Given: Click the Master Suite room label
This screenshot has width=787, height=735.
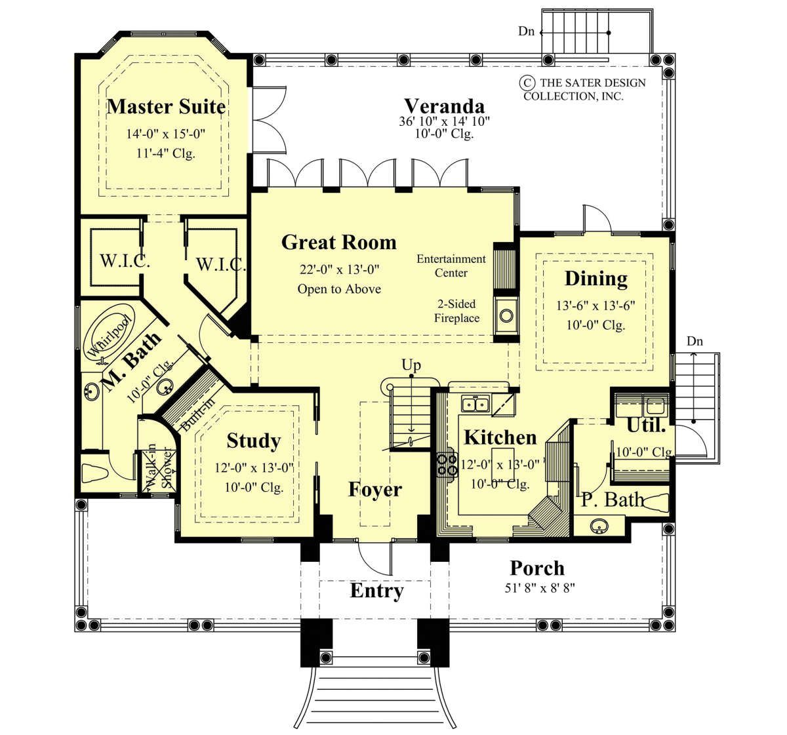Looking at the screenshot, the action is pyautogui.click(x=167, y=107).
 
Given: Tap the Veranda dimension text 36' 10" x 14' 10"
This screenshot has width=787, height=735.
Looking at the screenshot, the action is pyautogui.click(x=444, y=121).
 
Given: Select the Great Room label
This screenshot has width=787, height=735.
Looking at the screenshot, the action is pyautogui.click(x=339, y=243).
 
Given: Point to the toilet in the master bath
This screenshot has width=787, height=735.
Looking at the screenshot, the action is pyautogui.click(x=94, y=473).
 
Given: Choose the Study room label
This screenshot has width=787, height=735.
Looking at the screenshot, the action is pyautogui.click(x=254, y=440).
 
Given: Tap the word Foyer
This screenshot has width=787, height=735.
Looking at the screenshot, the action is pyautogui.click(x=375, y=489).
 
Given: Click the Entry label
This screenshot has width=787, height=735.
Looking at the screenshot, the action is pyautogui.click(x=377, y=591).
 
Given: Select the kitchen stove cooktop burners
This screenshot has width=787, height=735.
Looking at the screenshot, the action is pyautogui.click(x=447, y=464).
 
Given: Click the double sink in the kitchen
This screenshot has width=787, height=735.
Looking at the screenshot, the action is pyautogui.click(x=475, y=404).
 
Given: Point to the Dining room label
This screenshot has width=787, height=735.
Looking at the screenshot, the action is pyautogui.click(x=596, y=279).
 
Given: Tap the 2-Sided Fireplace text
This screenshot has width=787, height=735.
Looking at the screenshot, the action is pyautogui.click(x=456, y=311).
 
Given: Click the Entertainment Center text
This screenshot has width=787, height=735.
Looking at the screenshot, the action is pyautogui.click(x=451, y=266).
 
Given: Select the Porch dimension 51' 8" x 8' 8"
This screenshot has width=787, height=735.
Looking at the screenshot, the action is pyautogui.click(x=540, y=588).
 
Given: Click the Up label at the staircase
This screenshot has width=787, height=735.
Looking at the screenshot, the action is pyautogui.click(x=411, y=365).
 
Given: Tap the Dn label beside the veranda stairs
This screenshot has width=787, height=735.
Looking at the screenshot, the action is pyautogui.click(x=526, y=31).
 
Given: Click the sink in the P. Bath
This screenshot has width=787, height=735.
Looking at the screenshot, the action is pyautogui.click(x=599, y=526).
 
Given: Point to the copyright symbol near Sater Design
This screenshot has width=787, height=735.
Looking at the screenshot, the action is pyautogui.click(x=526, y=83).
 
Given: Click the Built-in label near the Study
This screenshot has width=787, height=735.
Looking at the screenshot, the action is pyautogui.click(x=198, y=414).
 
